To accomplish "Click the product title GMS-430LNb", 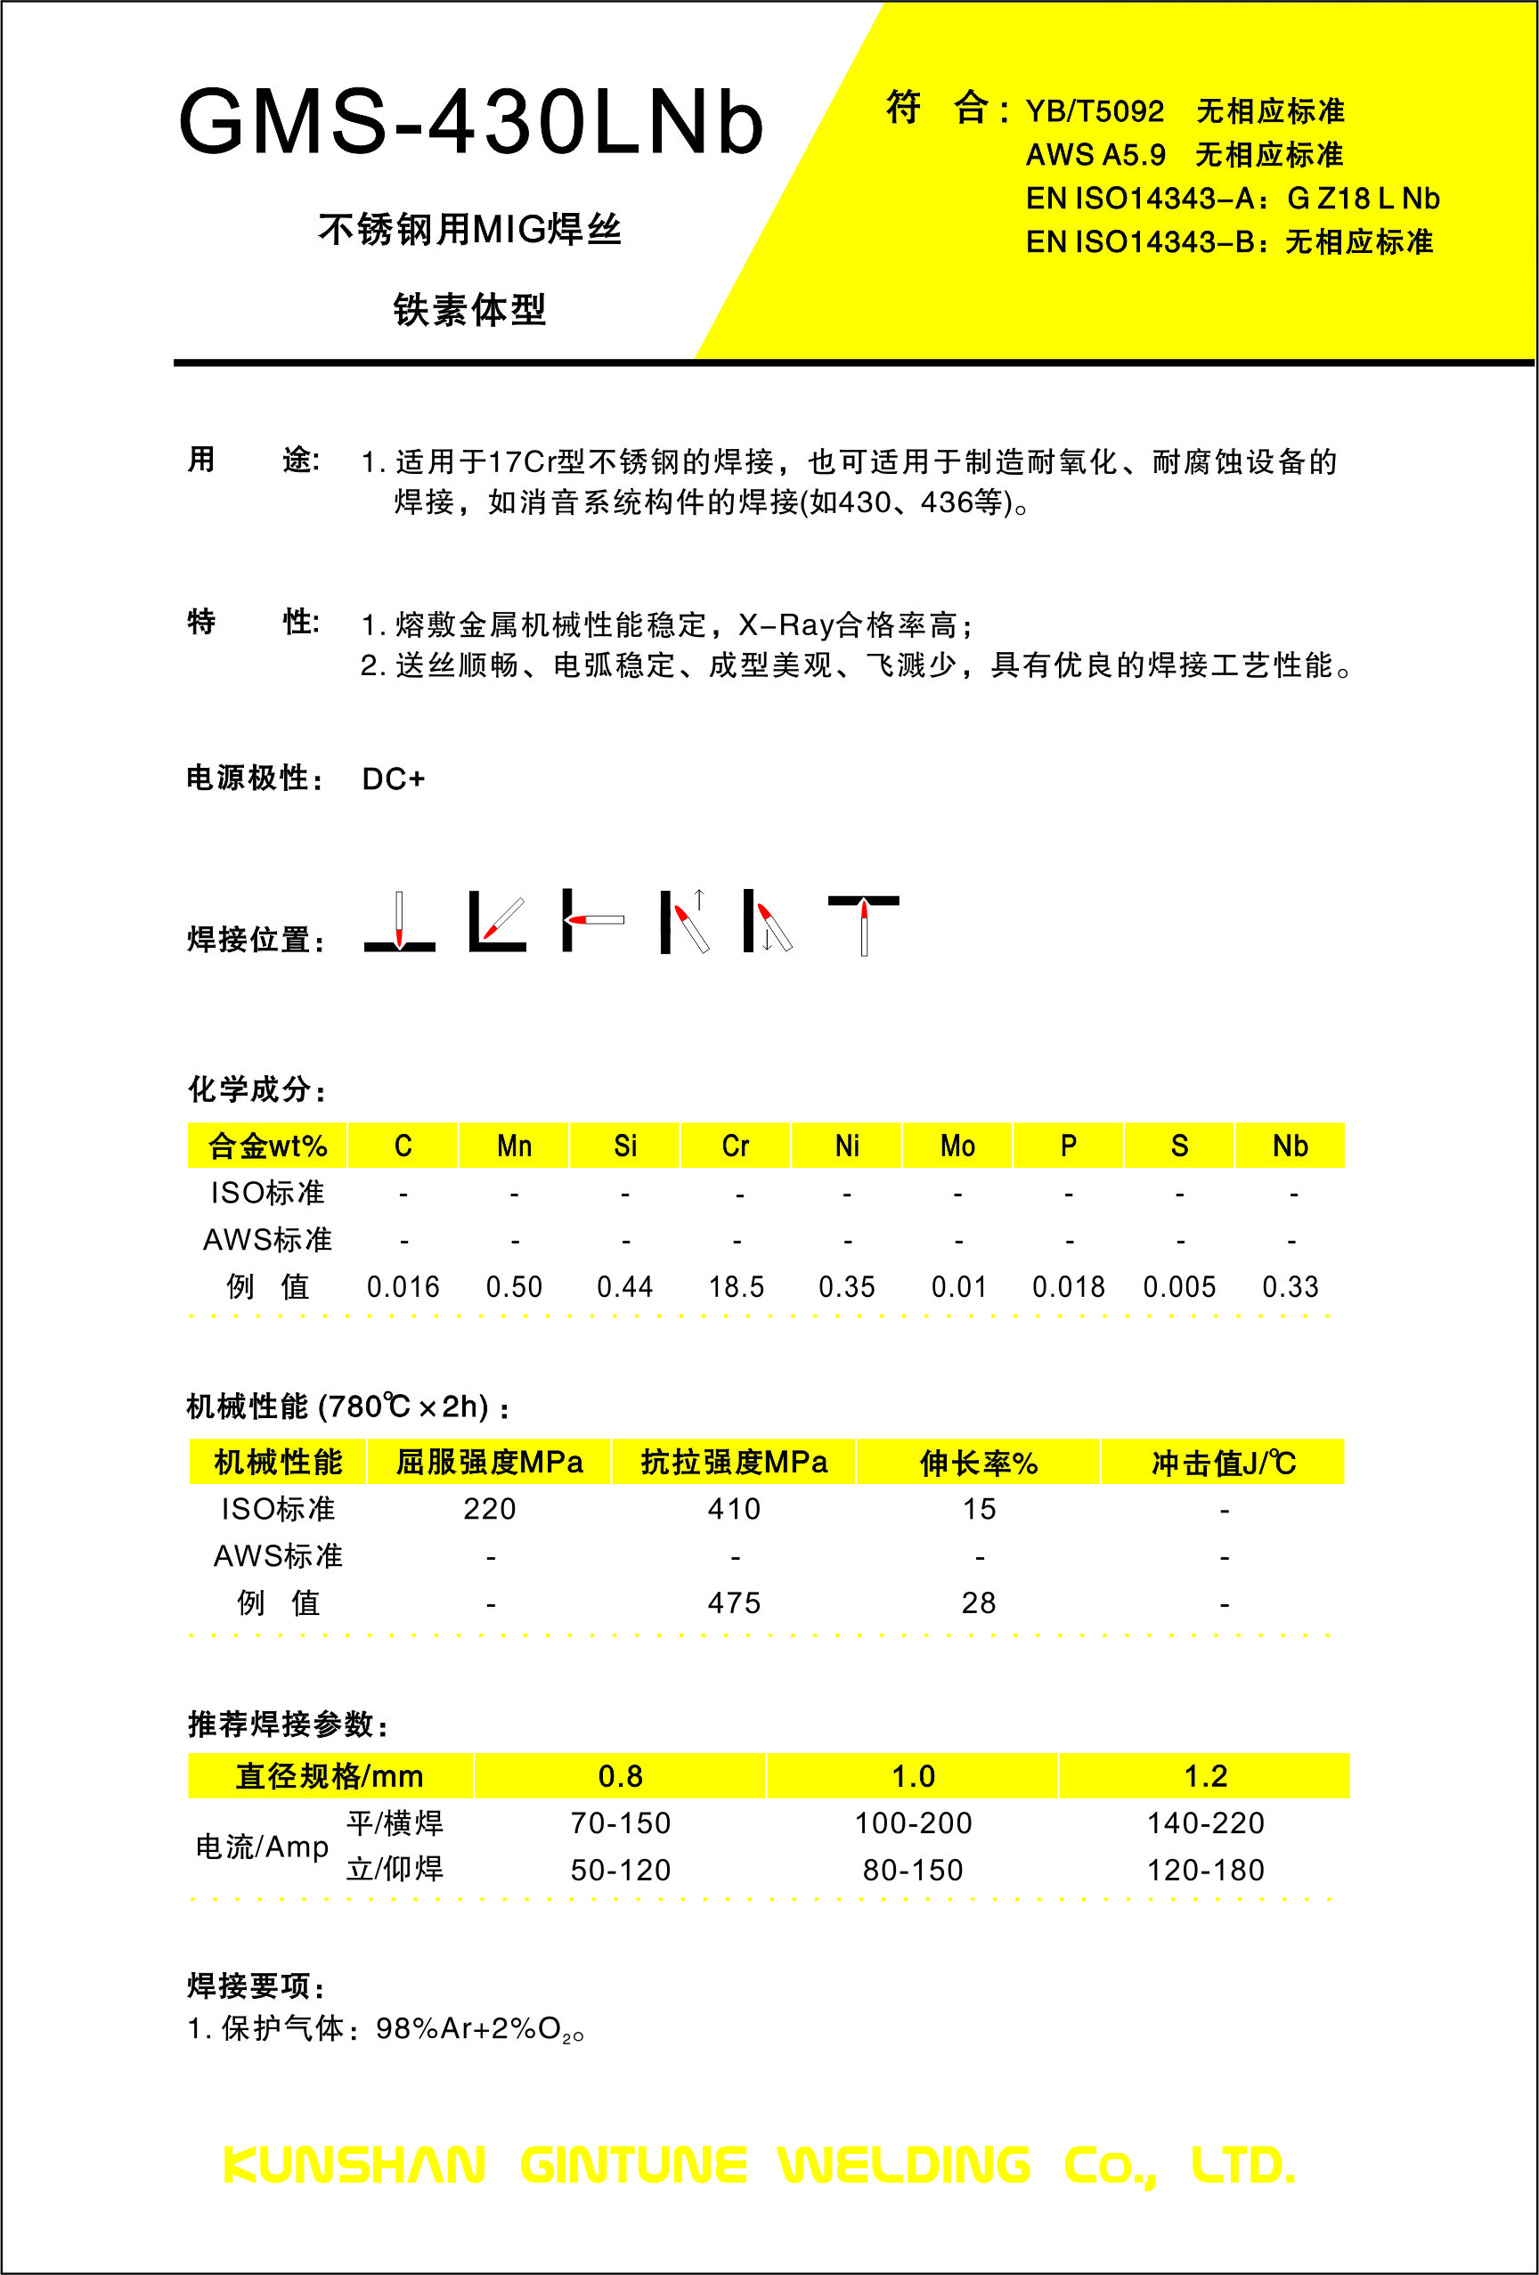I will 470,122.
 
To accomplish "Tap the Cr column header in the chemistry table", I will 736,1146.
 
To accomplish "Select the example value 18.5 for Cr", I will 737,1287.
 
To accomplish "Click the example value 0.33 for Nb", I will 1290,1287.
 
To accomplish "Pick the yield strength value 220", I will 490,1510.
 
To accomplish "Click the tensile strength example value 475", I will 734,1603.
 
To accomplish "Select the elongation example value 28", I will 979,1603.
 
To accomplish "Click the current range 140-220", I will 1205,1823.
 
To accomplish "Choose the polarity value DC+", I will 394,779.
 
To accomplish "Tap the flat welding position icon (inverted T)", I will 399,923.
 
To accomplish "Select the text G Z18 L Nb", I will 1363,199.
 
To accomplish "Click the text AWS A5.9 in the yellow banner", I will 1095,155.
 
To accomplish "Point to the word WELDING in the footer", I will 904,2165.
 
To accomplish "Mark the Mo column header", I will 957,1146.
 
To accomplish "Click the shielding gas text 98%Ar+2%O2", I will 479,2029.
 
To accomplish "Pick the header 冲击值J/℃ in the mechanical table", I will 1223,1464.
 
